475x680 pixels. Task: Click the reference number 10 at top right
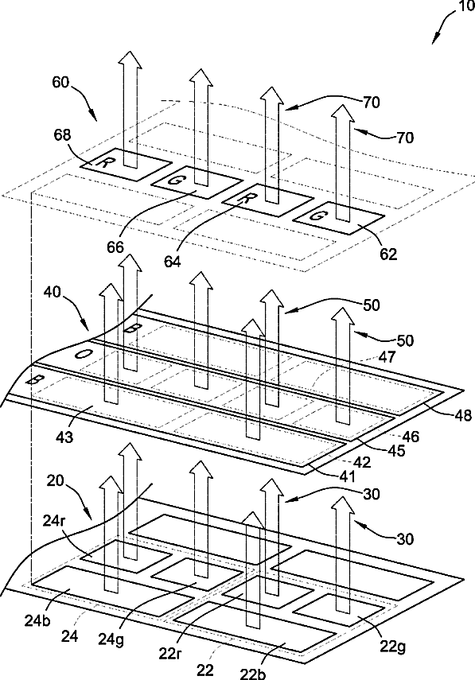(x=466, y=7)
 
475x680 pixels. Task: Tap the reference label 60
(x=61, y=82)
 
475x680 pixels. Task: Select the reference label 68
(x=63, y=135)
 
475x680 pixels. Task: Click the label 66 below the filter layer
(x=116, y=247)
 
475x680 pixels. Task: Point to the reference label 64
(x=173, y=262)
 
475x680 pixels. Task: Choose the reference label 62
(x=388, y=254)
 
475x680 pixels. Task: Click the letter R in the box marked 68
(x=103, y=163)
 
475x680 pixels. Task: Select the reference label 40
(x=52, y=292)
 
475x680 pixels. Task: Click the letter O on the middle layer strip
(x=81, y=354)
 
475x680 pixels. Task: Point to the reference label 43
(x=64, y=437)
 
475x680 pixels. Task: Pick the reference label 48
(x=463, y=415)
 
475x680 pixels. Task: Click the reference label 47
(x=387, y=356)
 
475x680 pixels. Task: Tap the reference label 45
(x=395, y=450)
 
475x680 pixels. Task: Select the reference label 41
(x=347, y=476)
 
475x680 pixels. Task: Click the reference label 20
(x=55, y=481)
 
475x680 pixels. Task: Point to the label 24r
(x=54, y=519)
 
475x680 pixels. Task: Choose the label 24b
(x=37, y=620)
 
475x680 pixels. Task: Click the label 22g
(x=393, y=647)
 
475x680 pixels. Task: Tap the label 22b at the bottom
(x=253, y=674)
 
